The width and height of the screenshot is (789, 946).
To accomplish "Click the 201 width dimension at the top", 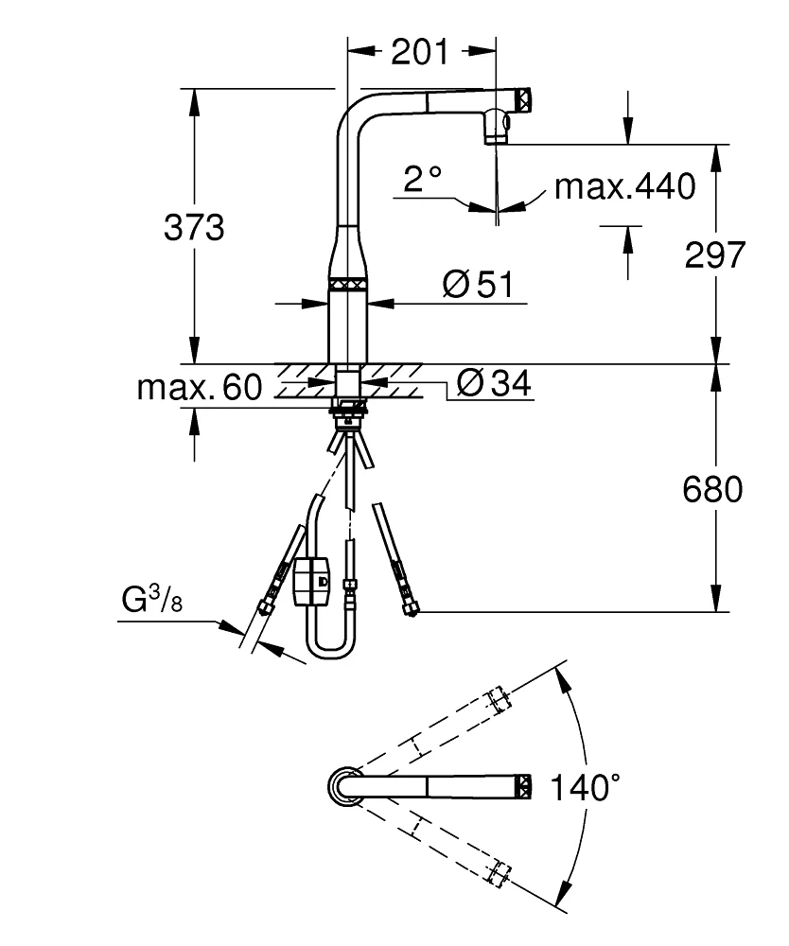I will [x=420, y=53].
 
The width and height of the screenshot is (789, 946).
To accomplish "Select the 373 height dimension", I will [x=194, y=228].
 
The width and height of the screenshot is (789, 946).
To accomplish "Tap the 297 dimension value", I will [x=714, y=255].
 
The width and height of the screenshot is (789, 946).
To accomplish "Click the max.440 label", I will [x=624, y=186].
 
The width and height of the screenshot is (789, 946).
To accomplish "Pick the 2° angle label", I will [x=422, y=179].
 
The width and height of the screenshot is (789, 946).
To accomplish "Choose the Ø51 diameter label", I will [x=482, y=284].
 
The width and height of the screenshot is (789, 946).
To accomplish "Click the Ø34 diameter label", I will [x=493, y=383].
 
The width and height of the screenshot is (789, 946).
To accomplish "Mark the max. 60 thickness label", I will [x=199, y=388].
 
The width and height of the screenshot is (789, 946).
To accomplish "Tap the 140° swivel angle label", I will [x=587, y=787].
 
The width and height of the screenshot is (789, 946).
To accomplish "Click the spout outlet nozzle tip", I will [x=495, y=138].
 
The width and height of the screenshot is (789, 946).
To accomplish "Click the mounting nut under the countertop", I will [x=348, y=410].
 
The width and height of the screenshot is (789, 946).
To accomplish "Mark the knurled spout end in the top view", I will [x=523, y=786].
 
